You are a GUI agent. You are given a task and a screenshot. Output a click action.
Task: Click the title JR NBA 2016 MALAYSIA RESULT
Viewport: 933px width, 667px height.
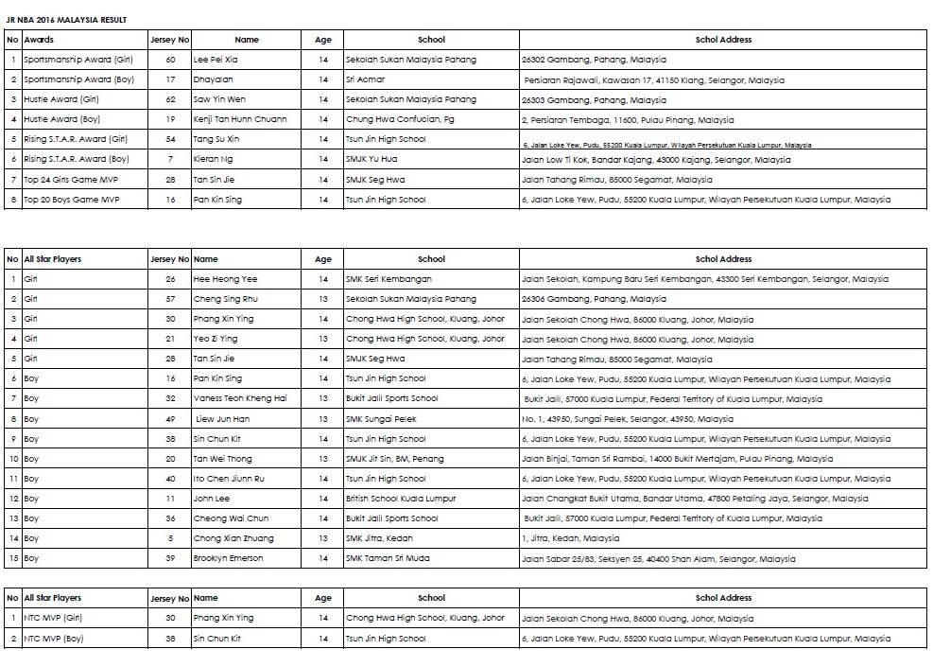click(66, 20)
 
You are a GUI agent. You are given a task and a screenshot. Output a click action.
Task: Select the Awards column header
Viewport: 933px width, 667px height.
click(39, 40)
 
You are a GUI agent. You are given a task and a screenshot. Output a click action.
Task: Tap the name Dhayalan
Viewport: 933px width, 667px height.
click(213, 79)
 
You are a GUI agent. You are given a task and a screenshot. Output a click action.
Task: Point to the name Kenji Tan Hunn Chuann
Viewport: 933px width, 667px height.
click(240, 119)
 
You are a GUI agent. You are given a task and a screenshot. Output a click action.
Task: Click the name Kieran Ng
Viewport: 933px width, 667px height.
click(213, 159)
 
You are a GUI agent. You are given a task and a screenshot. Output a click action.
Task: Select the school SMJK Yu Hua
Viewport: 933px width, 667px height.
click(371, 159)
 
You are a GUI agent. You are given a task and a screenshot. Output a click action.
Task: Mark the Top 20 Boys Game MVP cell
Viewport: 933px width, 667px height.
click(72, 200)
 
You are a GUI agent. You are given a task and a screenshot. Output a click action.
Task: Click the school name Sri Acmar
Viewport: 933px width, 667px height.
click(365, 79)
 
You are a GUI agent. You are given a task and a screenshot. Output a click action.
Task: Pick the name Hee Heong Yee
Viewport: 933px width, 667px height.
click(225, 279)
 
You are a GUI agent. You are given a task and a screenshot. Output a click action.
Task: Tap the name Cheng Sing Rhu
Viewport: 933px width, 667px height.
click(225, 299)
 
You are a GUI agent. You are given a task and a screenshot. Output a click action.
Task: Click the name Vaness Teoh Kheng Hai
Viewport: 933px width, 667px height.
click(240, 398)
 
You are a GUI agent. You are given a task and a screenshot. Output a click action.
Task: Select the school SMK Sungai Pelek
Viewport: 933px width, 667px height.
click(381, 418)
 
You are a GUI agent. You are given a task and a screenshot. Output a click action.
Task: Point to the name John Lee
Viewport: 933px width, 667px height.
click(212, 499)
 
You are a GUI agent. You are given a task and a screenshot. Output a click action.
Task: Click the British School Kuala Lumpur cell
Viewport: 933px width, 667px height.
click(401, 499)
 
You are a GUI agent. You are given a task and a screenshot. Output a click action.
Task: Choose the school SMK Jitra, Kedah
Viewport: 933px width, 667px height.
click(380, 538)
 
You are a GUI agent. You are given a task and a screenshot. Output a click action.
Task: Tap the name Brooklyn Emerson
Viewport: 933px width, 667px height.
click(228, 558)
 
